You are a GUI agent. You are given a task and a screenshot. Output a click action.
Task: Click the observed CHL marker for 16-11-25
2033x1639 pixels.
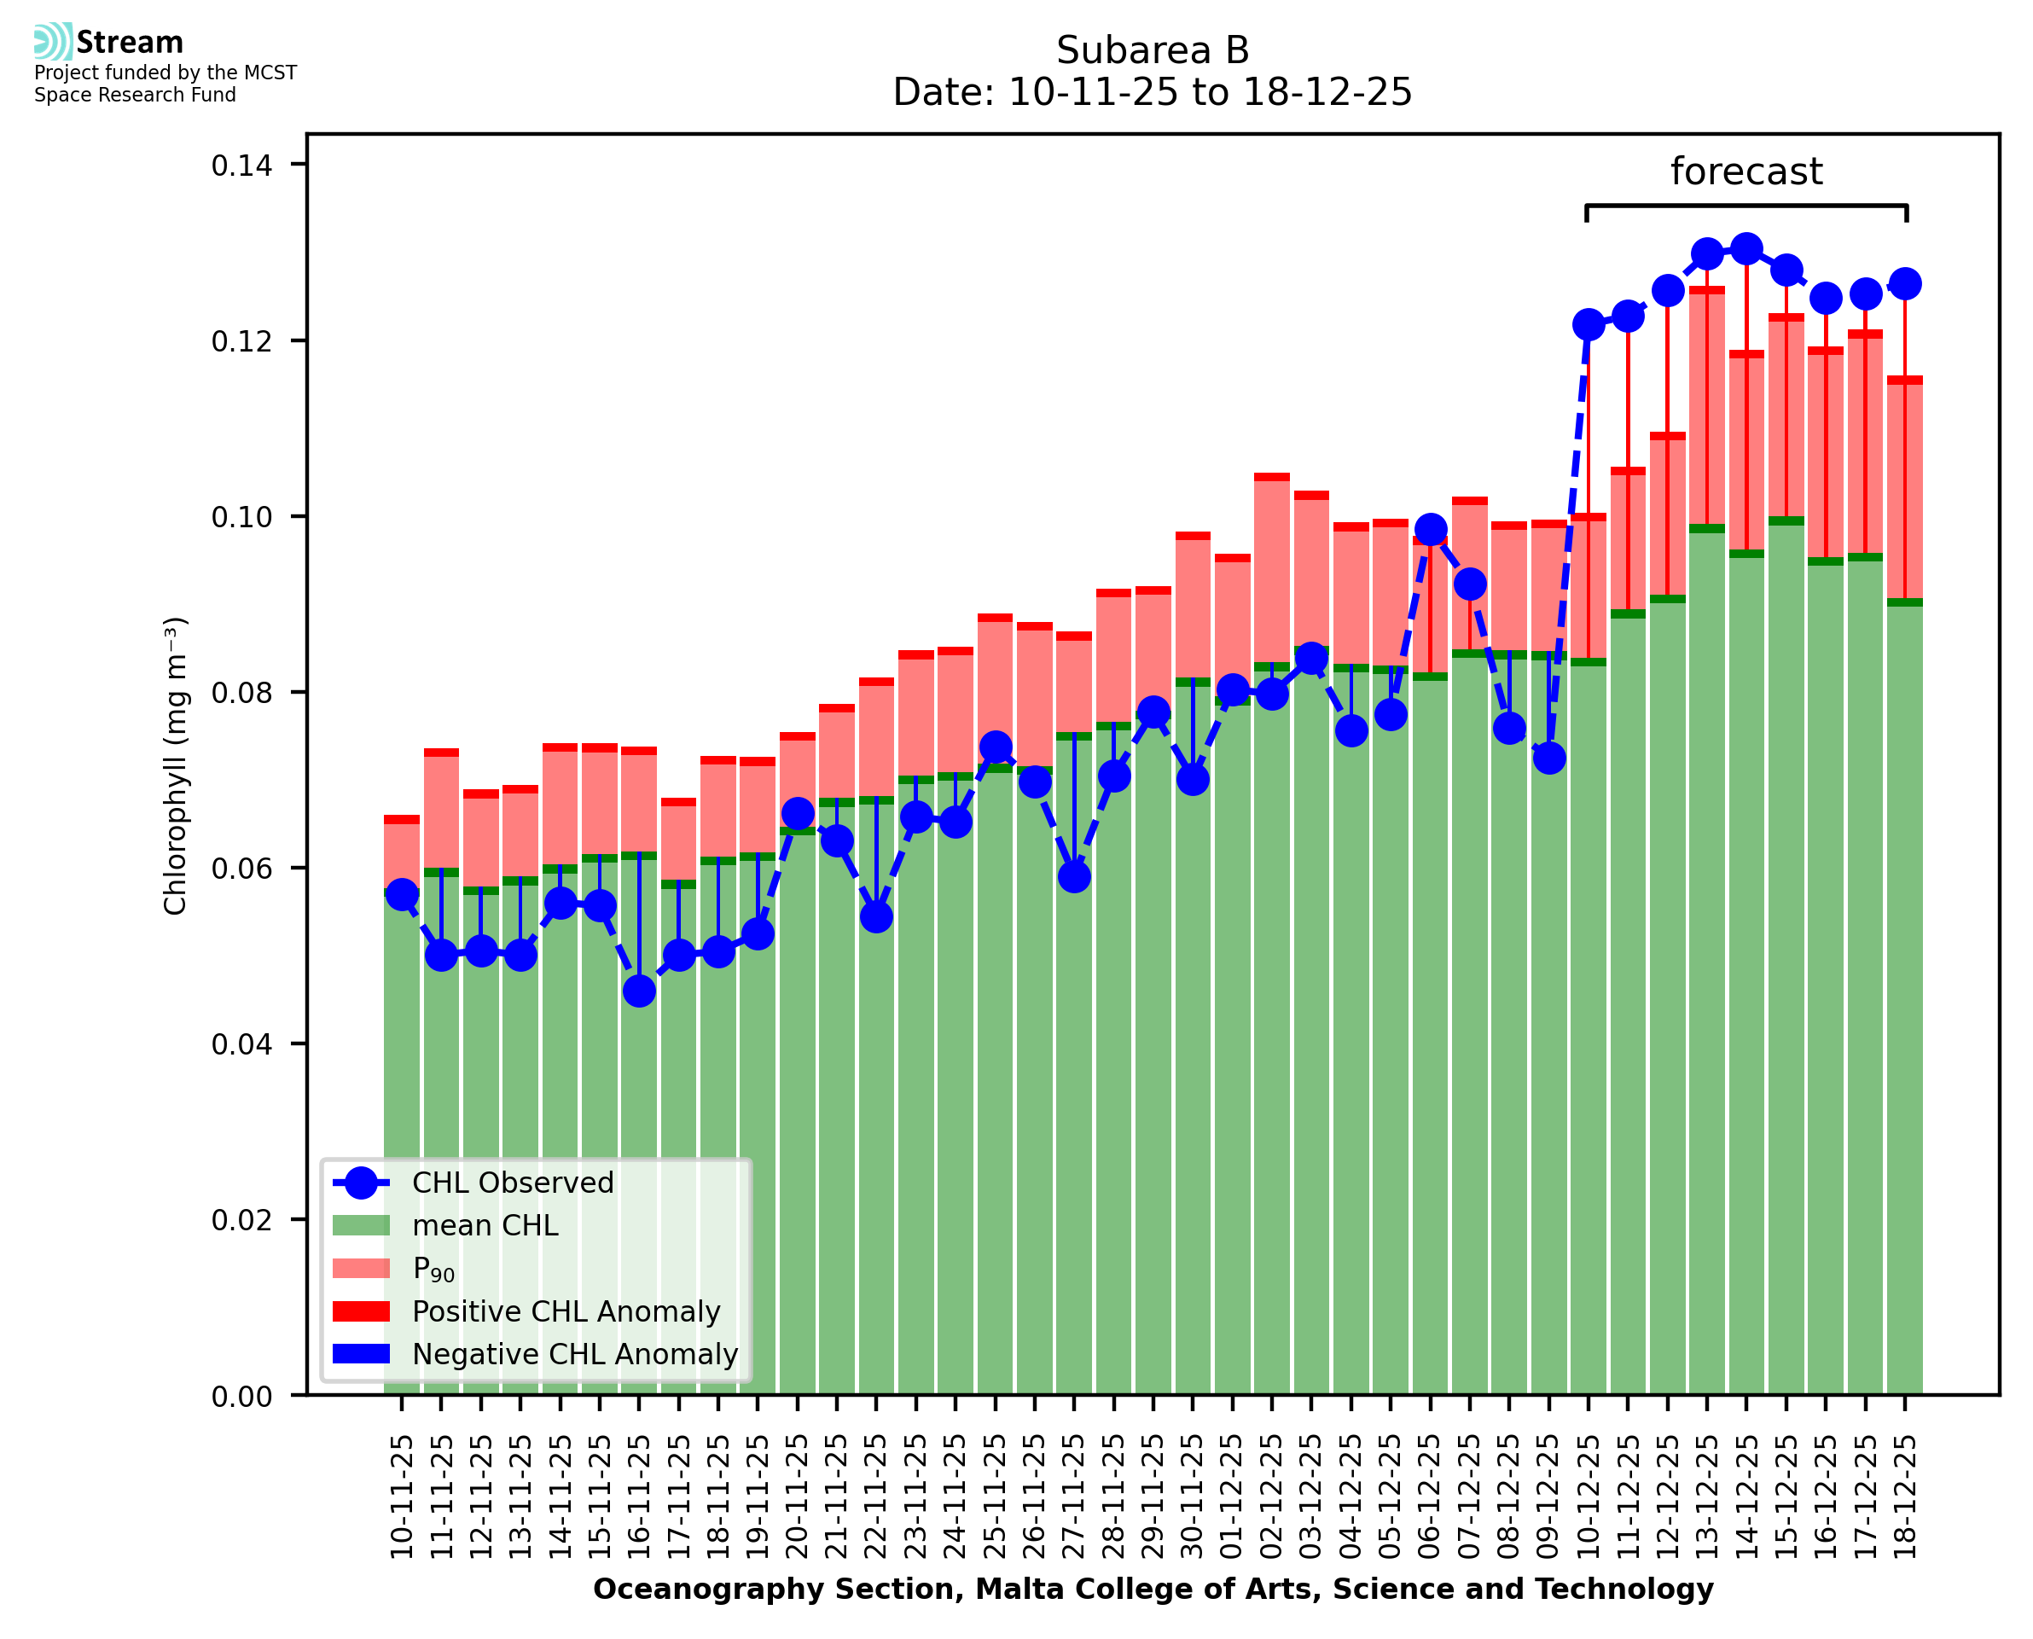click(x=639, y=991)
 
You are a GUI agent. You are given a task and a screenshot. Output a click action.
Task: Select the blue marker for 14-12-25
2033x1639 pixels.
click(x=1746, y=249)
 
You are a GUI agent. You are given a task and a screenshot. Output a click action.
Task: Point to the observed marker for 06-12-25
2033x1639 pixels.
click(x=1430, y=530)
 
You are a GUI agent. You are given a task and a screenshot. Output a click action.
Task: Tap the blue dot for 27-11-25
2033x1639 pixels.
click(x=1074, y=877)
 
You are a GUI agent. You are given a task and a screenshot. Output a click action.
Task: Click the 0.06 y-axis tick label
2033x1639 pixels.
click(x=241, y=869)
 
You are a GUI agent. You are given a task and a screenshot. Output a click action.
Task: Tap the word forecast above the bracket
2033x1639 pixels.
click(x=1746, y=171)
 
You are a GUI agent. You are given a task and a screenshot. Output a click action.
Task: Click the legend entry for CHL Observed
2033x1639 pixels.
click(x=513, y=1183)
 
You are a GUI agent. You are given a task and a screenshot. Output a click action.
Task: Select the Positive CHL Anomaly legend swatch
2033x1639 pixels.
click(x=362, y=1311)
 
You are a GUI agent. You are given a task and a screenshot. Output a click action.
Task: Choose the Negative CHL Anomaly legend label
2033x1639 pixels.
click(x=575, y=1354)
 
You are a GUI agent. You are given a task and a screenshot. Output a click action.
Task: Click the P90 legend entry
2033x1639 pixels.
click(x=433, y=1270)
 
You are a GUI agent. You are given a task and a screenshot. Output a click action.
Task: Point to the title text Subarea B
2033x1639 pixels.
click(x=1153, y=50)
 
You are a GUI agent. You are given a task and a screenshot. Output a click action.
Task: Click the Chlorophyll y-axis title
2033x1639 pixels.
click(x=176, y=765)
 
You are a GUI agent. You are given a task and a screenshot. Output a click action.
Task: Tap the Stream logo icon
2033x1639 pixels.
click(x=53, y=42)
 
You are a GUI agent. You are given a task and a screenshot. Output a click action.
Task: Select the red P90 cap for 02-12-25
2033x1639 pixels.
click(x=1271, y=478)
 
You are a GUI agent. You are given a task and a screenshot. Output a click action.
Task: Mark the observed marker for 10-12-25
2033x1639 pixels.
click(x=1589, y=325)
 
